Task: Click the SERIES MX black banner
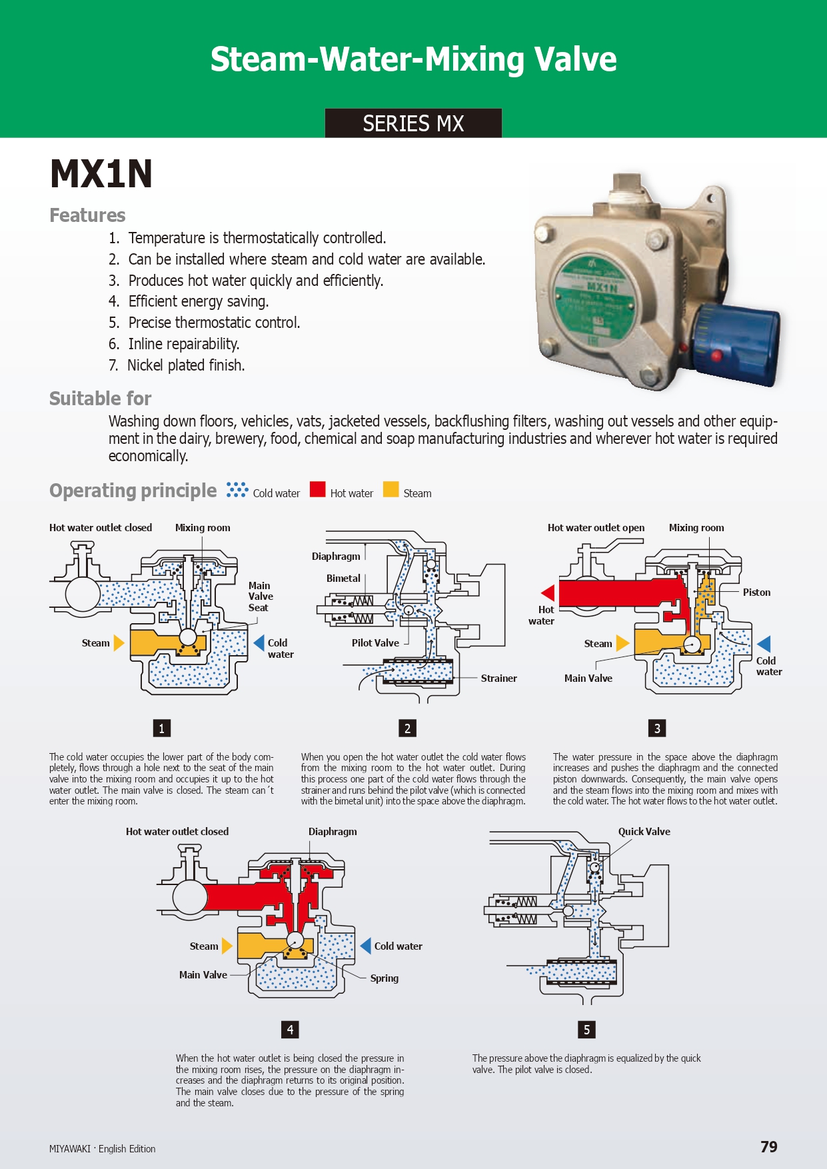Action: pyautogui.click(x=413, y=123)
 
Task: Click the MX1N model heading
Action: pyautogui.click(x=101, y=174)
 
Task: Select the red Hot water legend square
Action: pyautogui.click(x=318, y=489)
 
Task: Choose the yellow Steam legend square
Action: pyautogui.click(x=391, y=489)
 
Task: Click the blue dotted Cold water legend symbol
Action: pyautogui.click(x=237, y=490)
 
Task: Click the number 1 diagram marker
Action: pyautogui.click(x=161, y=728)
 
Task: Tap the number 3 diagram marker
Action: pyautogui.click(x=657, y=728)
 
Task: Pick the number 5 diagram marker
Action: pyautogui.click(x=586, y=1029)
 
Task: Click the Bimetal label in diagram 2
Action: pyautogui.click(x=343, y=579)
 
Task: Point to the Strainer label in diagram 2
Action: pyautogui.click(x=498, y=678)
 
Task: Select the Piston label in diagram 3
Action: pyautogui.click(x=756, y=592)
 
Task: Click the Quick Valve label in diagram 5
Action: pyautogui.click(x=644, y=832)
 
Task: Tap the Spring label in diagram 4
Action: pyautogui.click(x=384, y=978)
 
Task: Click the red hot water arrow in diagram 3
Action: pyautogui.click(x=548, y=592)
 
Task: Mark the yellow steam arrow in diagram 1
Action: pyautogui.click(x=119, y=643)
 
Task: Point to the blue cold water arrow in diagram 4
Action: pyautogui.click(x=365, y=946)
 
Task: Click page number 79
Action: pyautogui.click(x=768, y=1147)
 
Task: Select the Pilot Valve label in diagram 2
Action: pyautogui.click(x=375, y=643)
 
